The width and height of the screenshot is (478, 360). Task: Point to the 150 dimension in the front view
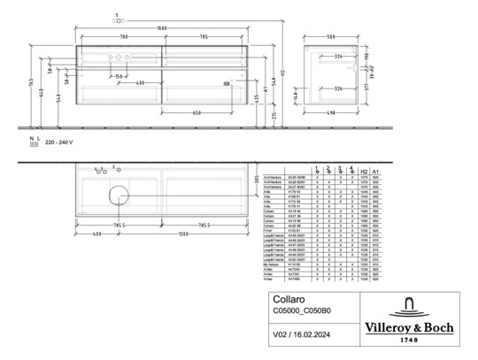(x=117, y=77)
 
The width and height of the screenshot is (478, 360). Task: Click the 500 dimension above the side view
(x=329, y=36)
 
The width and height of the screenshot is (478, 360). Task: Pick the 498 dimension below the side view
(x=328, y=113)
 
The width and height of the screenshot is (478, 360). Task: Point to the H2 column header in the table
(x=364, y=172)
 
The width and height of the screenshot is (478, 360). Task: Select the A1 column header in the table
(x=375, y=172)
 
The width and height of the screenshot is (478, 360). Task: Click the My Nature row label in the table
(x=274, y=264)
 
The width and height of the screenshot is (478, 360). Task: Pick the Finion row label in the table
(x=271, y=231)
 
